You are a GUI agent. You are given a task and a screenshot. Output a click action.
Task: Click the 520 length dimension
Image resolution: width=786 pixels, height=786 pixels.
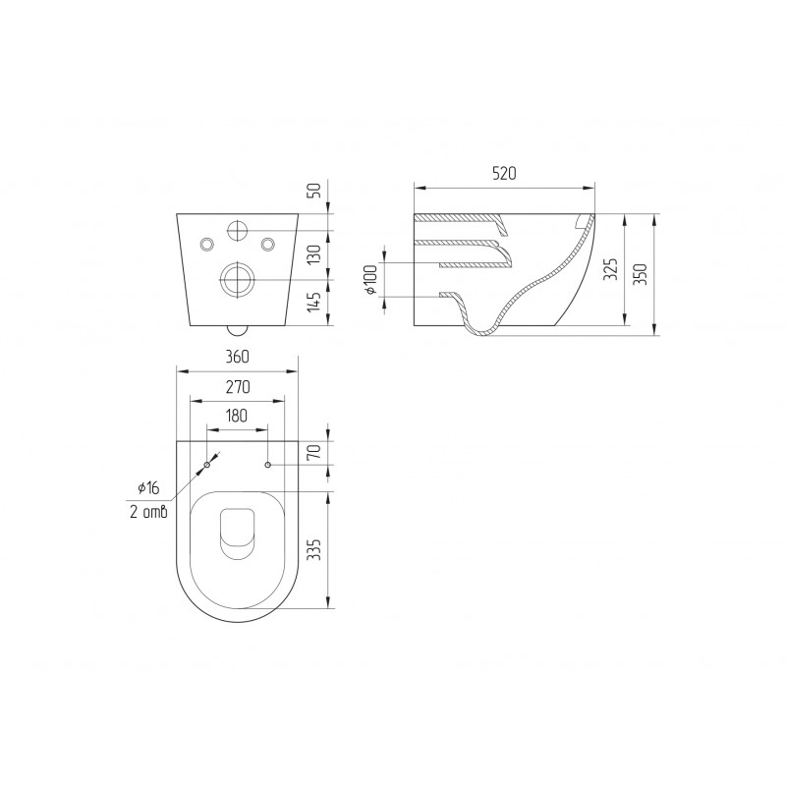tap(504, 174)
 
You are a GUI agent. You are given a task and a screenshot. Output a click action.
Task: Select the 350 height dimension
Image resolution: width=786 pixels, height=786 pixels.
tap(642, 274)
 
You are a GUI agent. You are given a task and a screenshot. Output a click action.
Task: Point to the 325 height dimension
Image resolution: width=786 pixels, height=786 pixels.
tap(611, 269)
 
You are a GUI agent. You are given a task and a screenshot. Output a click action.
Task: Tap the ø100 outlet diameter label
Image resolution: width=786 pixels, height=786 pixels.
tap(371, 280)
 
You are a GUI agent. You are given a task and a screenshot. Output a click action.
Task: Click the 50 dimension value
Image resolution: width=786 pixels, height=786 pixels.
tap(315, 191)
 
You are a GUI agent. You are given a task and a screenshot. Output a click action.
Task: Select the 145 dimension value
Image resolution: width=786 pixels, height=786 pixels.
tap(314, 303)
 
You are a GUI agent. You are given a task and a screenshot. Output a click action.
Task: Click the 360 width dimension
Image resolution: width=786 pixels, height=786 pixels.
tap(237, 357)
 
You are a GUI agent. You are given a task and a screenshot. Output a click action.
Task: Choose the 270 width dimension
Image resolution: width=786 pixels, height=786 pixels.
tap(238, 387)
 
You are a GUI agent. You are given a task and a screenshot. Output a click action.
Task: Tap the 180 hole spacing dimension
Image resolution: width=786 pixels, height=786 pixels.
tap(237, 416)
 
